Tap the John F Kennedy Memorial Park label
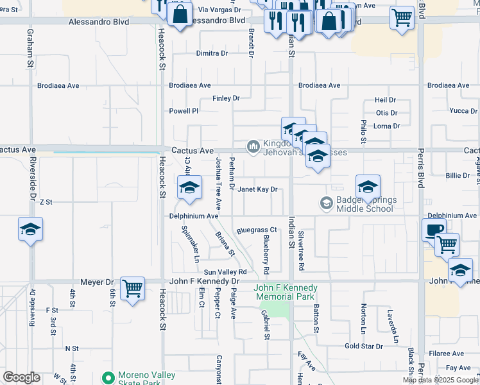[x=286, y=293]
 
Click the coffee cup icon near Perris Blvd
[x=434, y=230]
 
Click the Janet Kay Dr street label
[x=257, y=189]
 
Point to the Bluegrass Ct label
[x=256, y=229]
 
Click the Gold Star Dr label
[x=363, y=346]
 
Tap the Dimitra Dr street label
[x=212, y=53]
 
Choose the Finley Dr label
[x=226, y=98]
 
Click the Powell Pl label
[x=184, y=111]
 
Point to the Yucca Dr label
[x=463, y=110]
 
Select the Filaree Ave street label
[x=447, y=354]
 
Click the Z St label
[x=46, y=201]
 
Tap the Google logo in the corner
[x=22, y=377]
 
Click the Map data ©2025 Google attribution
[x=440, y=380]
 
